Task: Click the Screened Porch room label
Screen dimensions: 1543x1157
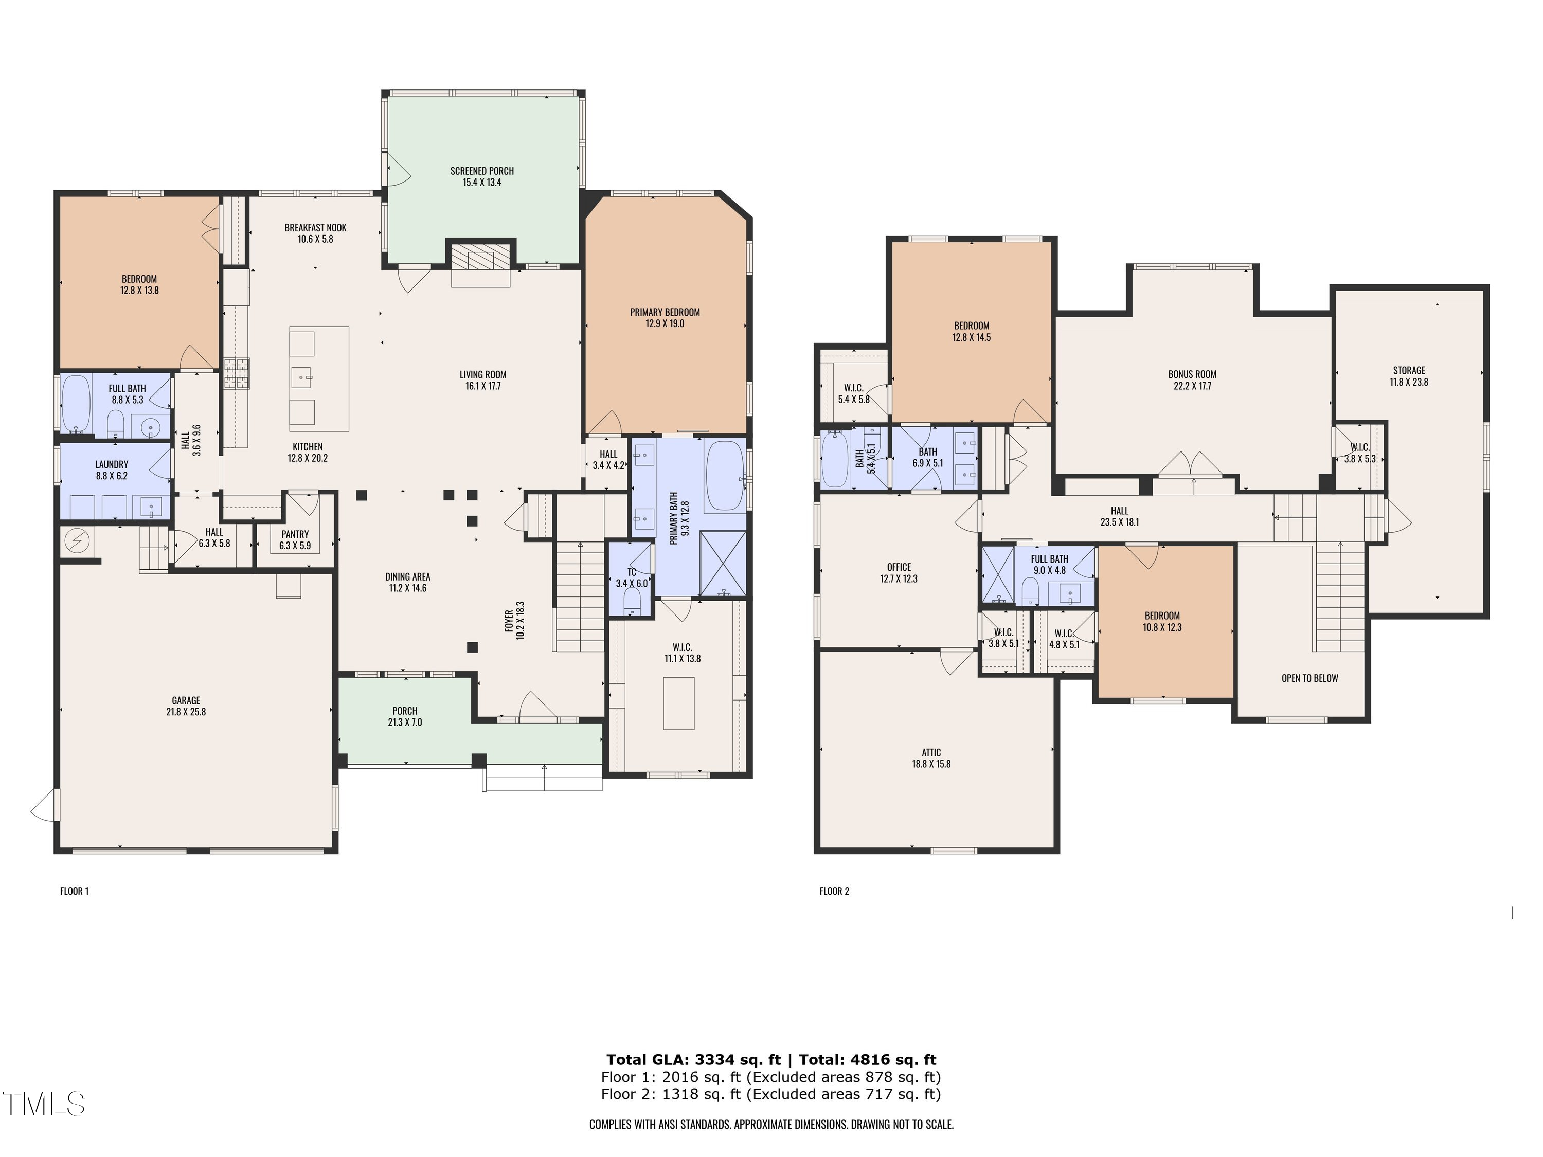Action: (482, 171)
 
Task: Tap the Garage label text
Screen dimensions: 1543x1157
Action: (186, 700)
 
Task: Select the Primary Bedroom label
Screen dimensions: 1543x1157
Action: (665, 313)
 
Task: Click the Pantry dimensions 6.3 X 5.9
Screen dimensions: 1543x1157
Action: (295, 546)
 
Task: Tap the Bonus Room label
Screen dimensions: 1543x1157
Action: (1192, 374)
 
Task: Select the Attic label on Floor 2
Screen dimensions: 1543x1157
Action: (931, 752)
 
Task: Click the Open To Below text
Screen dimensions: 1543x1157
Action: (1310, 678)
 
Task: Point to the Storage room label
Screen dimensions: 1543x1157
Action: (1409, 370)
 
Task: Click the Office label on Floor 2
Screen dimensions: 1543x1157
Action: (899, 567)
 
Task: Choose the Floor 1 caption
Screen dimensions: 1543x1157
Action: (75, 891)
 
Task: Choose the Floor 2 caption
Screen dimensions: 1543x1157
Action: (834, 891)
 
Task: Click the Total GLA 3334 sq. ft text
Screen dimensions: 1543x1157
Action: (693, 1060)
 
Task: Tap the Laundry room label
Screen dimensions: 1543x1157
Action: (112, 464)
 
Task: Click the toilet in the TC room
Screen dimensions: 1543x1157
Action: (632, 601)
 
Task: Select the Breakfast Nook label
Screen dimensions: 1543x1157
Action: (315, 228)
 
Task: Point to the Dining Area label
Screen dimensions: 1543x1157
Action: (407, 577)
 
